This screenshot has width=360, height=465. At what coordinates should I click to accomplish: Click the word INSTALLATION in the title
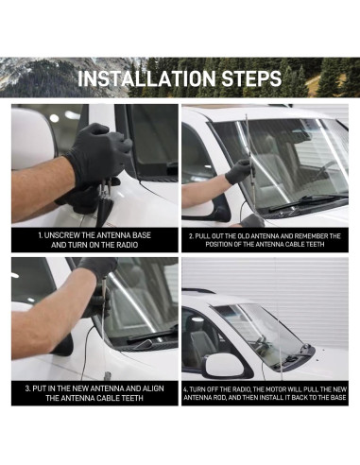[x=146, y=78]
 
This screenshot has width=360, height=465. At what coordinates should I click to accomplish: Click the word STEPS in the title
[x=251, y=78]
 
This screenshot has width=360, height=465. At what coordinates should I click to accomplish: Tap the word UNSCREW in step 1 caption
[x=62, y=235]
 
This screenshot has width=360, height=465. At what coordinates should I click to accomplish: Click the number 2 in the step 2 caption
[x=190, y=236]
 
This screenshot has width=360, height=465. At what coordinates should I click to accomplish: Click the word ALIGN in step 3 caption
[x=153, y=388]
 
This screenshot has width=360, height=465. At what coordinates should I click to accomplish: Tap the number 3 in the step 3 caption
[x=27, y=388]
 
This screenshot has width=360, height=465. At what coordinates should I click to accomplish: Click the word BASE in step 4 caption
[x=338, y=398]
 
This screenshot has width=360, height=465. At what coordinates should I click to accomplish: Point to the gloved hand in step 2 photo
[x=240, y=172]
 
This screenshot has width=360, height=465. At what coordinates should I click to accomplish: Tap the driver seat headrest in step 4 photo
[x=197, y=323]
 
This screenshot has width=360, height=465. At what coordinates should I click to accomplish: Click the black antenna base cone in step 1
[x=105, y=211]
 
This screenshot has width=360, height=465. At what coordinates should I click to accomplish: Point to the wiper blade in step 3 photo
[x=151, y=336]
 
